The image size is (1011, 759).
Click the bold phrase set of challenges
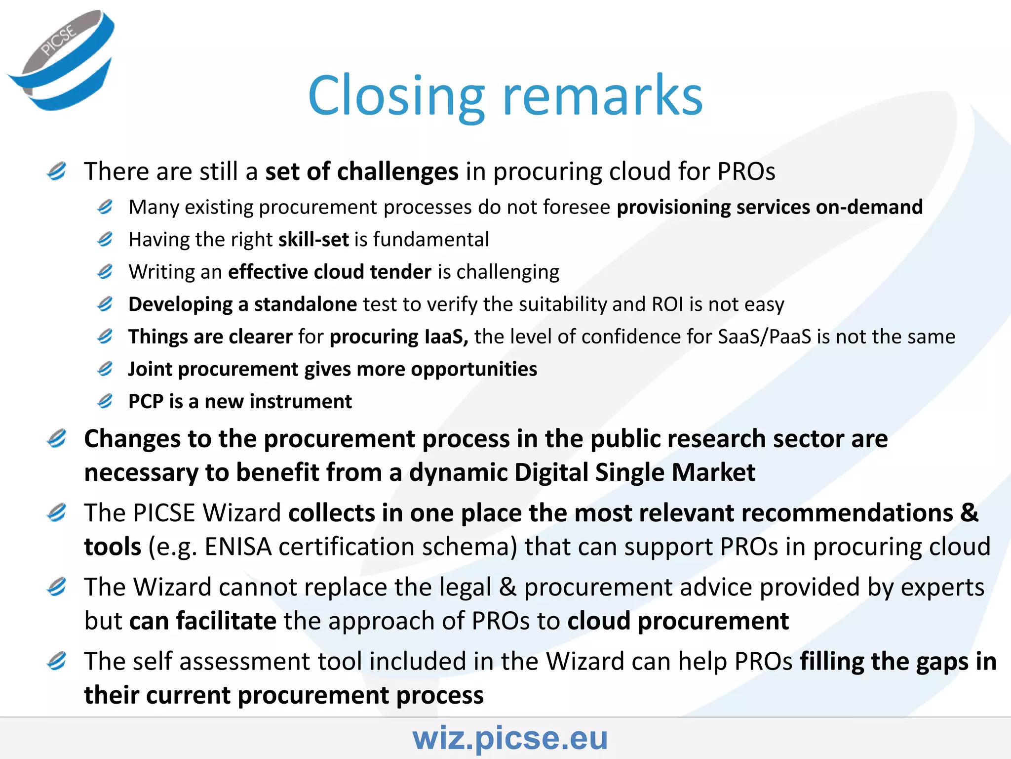362,171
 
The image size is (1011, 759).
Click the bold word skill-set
314,239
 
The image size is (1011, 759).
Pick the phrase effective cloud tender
330,272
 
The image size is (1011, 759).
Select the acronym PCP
146,401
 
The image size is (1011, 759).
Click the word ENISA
238,547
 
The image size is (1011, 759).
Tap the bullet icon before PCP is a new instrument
105,401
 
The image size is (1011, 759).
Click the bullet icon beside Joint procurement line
105,369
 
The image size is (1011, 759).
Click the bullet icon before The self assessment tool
57,661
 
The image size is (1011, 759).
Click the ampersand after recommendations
969,513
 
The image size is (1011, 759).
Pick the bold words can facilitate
202,621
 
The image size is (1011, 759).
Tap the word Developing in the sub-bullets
180,304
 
